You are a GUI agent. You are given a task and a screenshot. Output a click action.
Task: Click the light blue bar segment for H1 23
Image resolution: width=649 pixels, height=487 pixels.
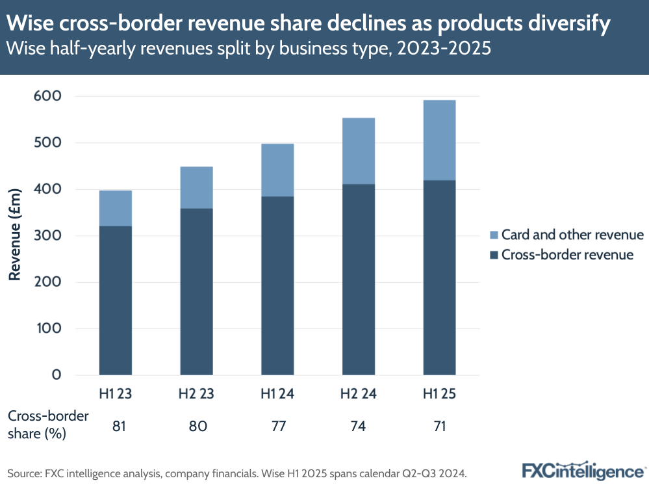click(x=115, y=208)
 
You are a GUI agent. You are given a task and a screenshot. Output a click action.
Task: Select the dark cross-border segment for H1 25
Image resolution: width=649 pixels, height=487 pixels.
click(x=439, y=278)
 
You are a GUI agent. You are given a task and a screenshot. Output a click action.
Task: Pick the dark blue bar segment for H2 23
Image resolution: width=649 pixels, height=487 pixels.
click(x=196, y=291)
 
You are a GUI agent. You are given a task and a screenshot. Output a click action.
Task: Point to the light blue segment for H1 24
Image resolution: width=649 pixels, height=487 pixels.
click(x=277, y=170)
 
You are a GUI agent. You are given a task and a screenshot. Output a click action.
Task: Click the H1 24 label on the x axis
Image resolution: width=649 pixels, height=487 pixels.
click(x=277, y=393)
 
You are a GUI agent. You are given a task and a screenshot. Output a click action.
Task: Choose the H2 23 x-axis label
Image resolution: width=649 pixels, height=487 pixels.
click(x=196, y=393)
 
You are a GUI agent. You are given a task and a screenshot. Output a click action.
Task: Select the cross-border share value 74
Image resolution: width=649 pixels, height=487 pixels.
click(x=359, y=427)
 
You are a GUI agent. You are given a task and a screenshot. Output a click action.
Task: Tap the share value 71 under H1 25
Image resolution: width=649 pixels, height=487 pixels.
click(x=439, y=427)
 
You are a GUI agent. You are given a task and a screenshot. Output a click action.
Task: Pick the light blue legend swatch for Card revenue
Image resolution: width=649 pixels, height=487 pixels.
click(x=492, y=235)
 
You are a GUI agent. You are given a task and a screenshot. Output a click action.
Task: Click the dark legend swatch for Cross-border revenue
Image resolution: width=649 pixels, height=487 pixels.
click(x=492, y=255)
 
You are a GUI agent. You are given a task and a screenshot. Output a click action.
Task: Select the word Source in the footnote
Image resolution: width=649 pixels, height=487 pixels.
click(x=25, y=473)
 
